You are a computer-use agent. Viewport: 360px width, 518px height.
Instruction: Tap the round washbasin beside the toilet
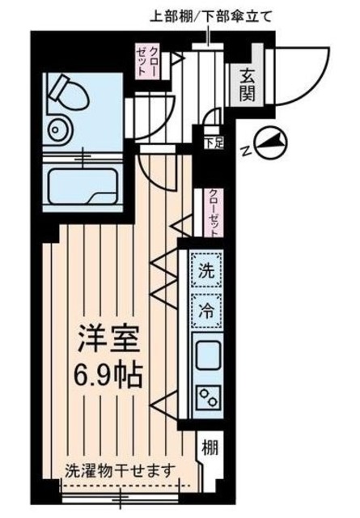point(57,129)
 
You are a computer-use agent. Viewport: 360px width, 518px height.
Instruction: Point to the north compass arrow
point(273,142)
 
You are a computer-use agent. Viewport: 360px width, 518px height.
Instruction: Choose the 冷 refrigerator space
point(207,308)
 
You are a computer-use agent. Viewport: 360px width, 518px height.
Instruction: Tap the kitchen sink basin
point(207,354)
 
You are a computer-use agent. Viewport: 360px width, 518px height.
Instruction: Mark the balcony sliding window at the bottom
point(121,486)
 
